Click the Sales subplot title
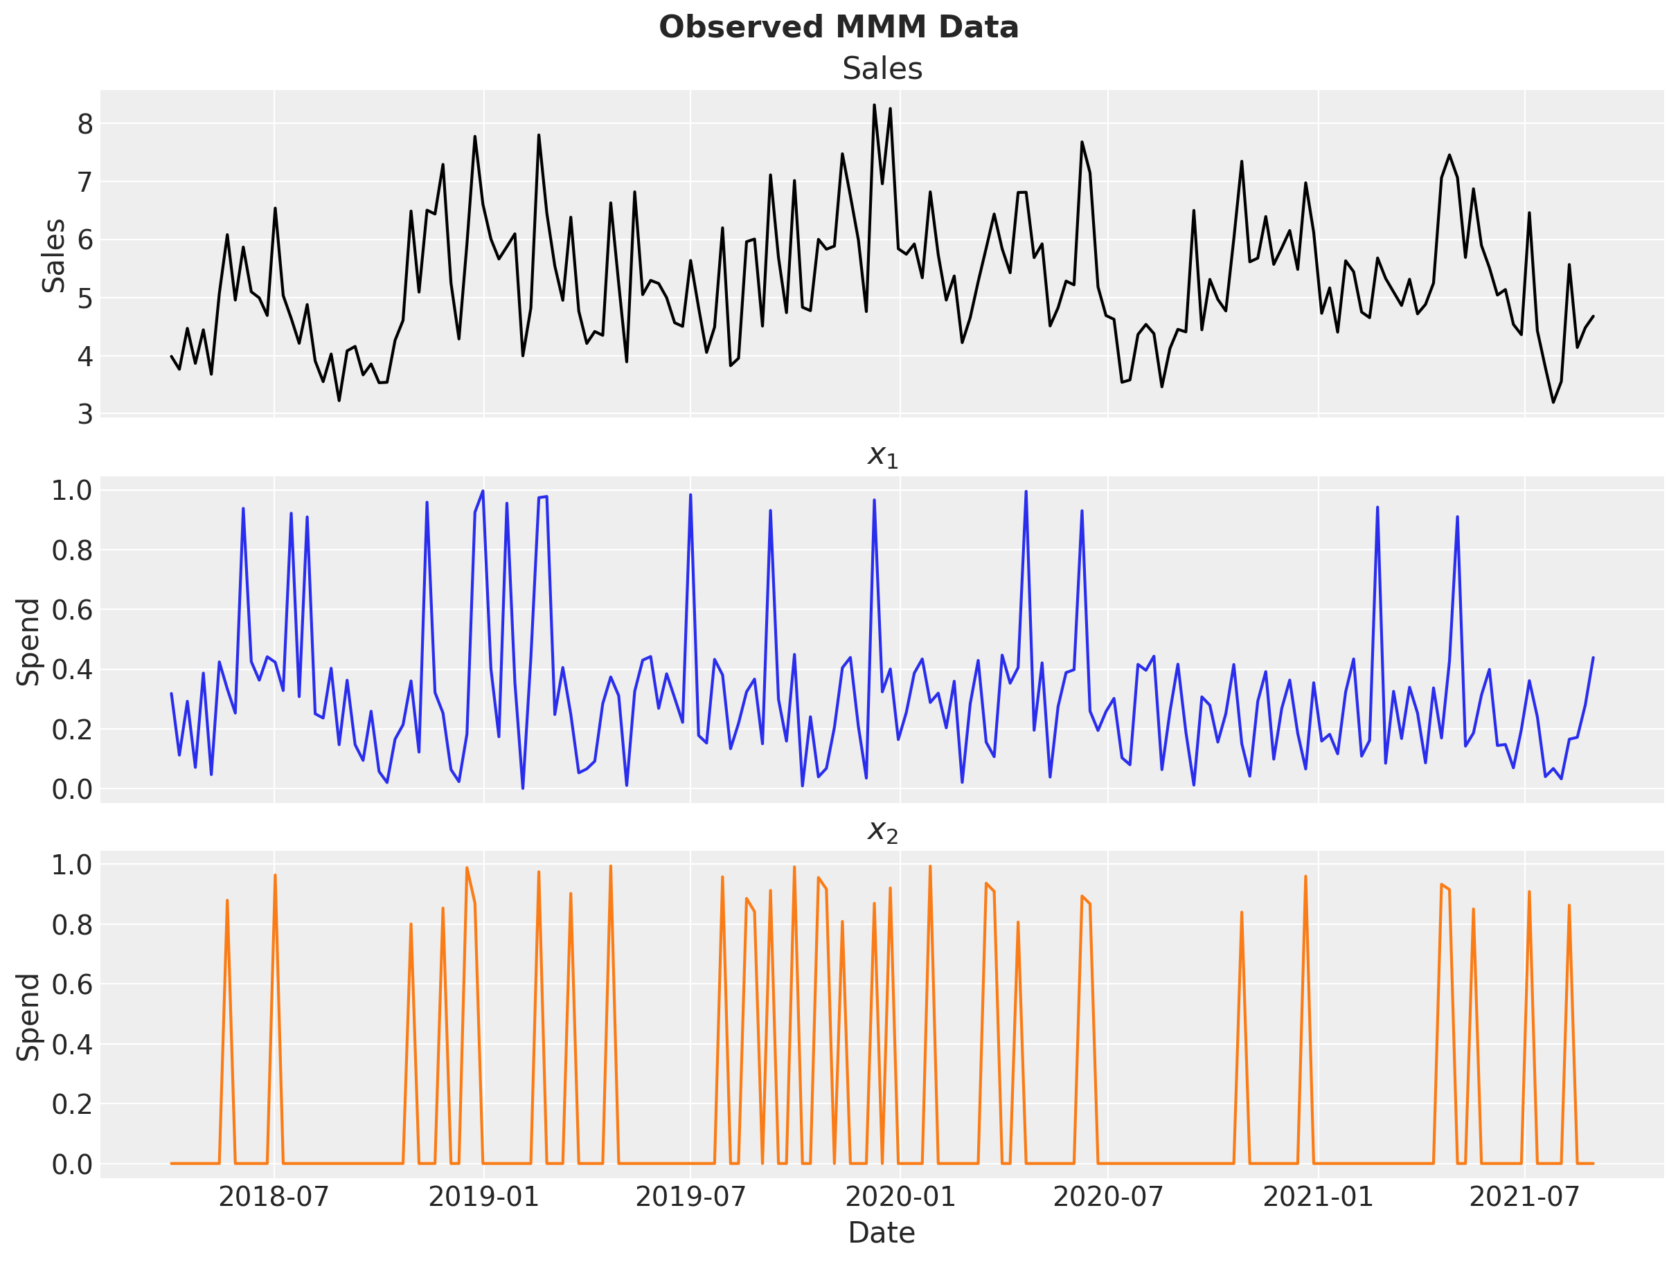[x=882, y=69]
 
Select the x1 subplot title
[x=882, y=456]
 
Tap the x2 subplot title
[x=882, y=831]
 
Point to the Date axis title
[x=882, y=1232]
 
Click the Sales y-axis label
[x=54, y=255]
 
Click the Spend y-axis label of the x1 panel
[x=29, y=642]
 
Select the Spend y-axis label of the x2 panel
[x=29, y=1017]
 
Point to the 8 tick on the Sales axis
[x=85, y=124]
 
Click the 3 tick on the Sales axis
[x=85, y=414]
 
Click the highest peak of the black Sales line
[x=874, y=105]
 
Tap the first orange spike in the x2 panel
[x=227, y=901]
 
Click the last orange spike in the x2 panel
[x=1569, y=905]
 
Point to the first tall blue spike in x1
[x=243, y=509]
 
